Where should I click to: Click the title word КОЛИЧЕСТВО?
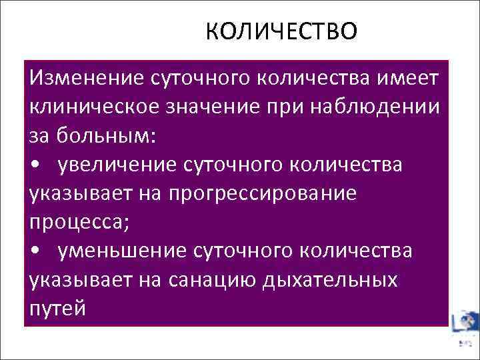[281, 31]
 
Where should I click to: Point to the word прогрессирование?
[262, 193]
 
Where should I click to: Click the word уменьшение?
[121, 251]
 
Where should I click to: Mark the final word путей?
[57, 308]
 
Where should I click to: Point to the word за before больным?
[39, 136]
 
